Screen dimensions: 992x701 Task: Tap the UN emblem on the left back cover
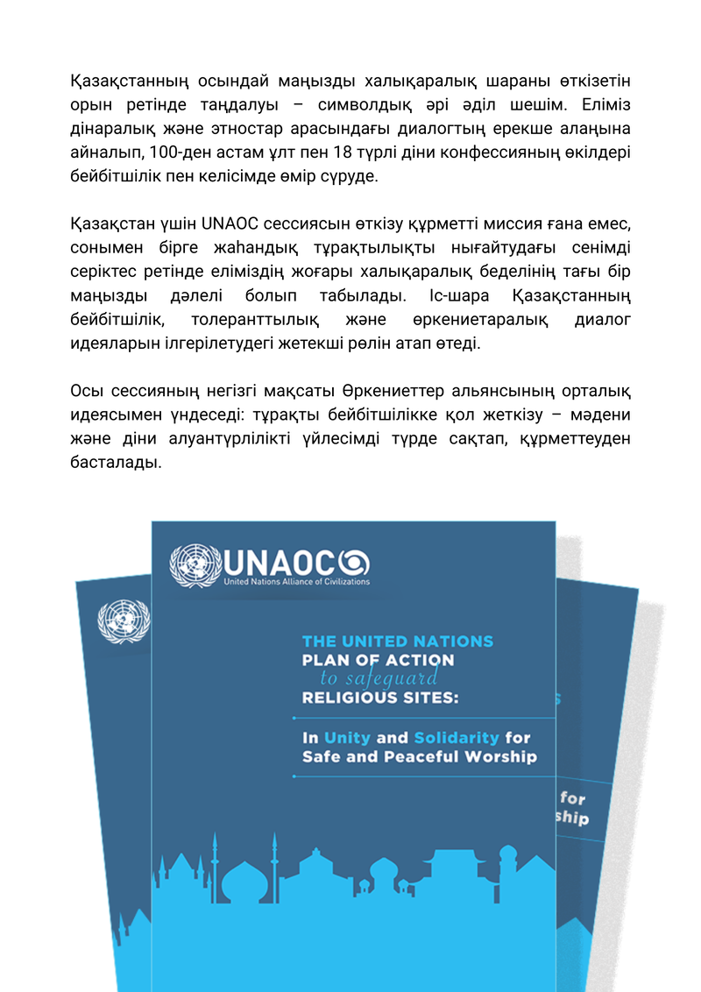[124, 620]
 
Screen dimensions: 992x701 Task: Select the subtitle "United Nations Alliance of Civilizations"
[297, 581]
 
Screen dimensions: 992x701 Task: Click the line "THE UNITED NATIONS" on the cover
[397, 641]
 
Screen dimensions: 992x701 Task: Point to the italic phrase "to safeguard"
[381, 677]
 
